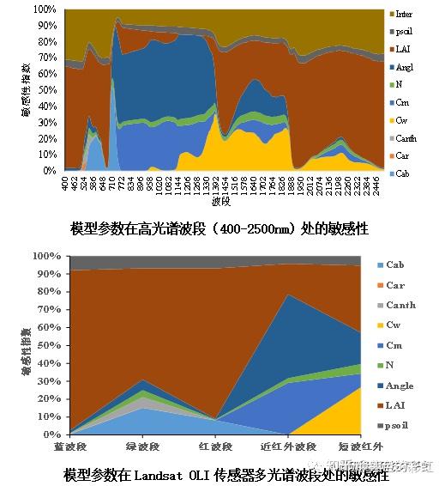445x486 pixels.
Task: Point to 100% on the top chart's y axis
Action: pyautogui.click(x=45, y=9)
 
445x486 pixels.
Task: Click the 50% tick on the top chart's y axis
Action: pyautogui.click(x=48, y=90)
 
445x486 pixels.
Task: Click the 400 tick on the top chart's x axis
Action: pyautogui.click(x=65, y=184)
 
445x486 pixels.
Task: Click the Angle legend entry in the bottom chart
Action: pyautogui.click(x=399, y=386)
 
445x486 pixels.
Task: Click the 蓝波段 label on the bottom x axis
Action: pyautogui.click(x=70, y=447)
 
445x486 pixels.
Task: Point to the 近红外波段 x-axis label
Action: pyautogui.click(x=287, y=447)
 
